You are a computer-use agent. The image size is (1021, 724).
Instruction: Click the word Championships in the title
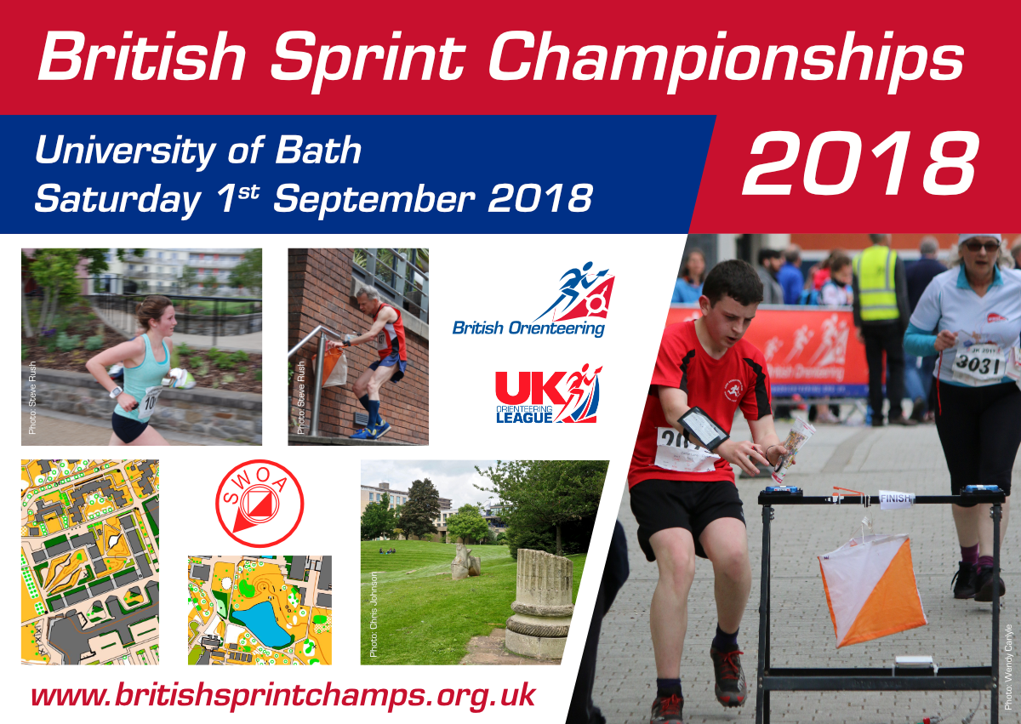tap(727, 61)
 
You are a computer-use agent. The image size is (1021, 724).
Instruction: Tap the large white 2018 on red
tap(860, 163)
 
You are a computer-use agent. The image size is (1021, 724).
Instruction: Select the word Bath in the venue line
tap(318, 150)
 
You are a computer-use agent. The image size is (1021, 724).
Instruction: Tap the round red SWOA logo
tap(260, 503)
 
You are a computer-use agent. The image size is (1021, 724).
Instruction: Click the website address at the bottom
tap(283, 696)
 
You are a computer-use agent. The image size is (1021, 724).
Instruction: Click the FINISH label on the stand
tap(896, 498)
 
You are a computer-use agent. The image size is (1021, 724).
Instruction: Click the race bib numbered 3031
tap(977, 362)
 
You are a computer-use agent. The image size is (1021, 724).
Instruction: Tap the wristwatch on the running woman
tap(117, 392)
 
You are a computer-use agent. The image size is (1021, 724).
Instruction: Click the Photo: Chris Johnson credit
tap(374, 614)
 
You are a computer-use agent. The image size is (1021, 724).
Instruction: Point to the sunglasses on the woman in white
tap(982, 247)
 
